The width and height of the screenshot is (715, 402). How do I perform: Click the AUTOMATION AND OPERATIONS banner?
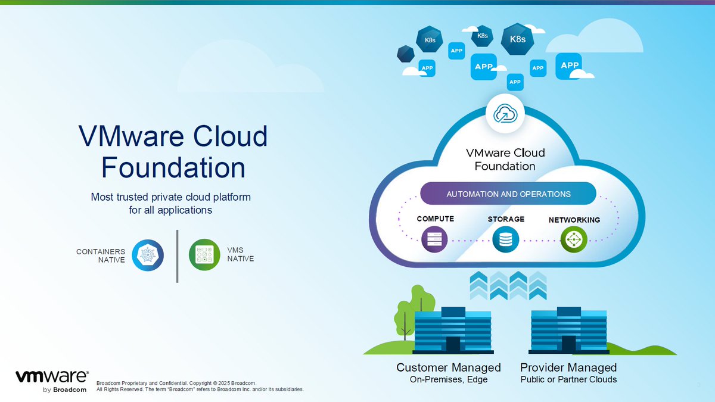[508, 194]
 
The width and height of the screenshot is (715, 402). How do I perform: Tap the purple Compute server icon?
[434, 240]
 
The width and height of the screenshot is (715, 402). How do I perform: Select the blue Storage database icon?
[505, 240]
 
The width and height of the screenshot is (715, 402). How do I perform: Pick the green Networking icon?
[574, 240]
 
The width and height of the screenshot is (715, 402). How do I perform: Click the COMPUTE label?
[435, 219]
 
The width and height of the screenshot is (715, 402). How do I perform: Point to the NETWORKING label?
[574, 220]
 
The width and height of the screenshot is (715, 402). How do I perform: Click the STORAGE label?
[506, 219]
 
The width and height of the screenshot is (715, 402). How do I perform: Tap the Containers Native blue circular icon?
[147, 255]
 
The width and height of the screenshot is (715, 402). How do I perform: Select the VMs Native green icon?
[204, 255]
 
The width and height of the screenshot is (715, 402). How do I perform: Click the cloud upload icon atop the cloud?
[504, 113]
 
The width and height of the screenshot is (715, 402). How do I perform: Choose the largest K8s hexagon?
[517, 39]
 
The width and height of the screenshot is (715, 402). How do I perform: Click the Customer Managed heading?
[448, 367]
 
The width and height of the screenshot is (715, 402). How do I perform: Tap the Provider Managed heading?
[568, 367]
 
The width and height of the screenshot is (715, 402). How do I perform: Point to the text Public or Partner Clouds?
[568, 379]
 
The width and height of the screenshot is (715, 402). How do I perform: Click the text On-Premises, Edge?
[448, 379]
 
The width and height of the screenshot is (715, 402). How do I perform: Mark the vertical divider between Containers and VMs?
[177, 255]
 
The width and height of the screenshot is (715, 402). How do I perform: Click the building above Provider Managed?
[569, 331]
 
